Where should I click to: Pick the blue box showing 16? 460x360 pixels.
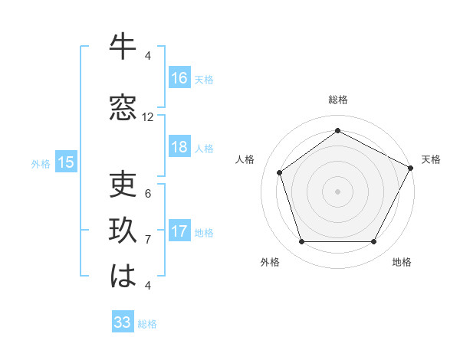click(179, 78)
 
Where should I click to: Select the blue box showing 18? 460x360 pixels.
click(179, 147)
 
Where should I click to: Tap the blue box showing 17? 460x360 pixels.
click(179, 231)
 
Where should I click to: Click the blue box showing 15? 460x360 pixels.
click(66, 162)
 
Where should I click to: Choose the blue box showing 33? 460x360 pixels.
click(123, 322)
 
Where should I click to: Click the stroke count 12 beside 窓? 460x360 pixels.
click(148, 117)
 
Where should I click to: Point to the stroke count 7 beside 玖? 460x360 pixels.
click(148, 240)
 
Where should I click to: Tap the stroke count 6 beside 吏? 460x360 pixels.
click(148, 194)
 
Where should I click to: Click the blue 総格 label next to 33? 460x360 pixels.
click(147, 324)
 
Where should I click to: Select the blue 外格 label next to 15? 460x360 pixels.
click(41, 163)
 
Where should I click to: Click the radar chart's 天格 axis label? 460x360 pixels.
click(431, 159)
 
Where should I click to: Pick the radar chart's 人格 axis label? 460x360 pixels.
click(245, 159)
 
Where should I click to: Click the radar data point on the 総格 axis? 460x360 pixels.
click(337, 131)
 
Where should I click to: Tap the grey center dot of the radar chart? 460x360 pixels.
click(337, 191)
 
